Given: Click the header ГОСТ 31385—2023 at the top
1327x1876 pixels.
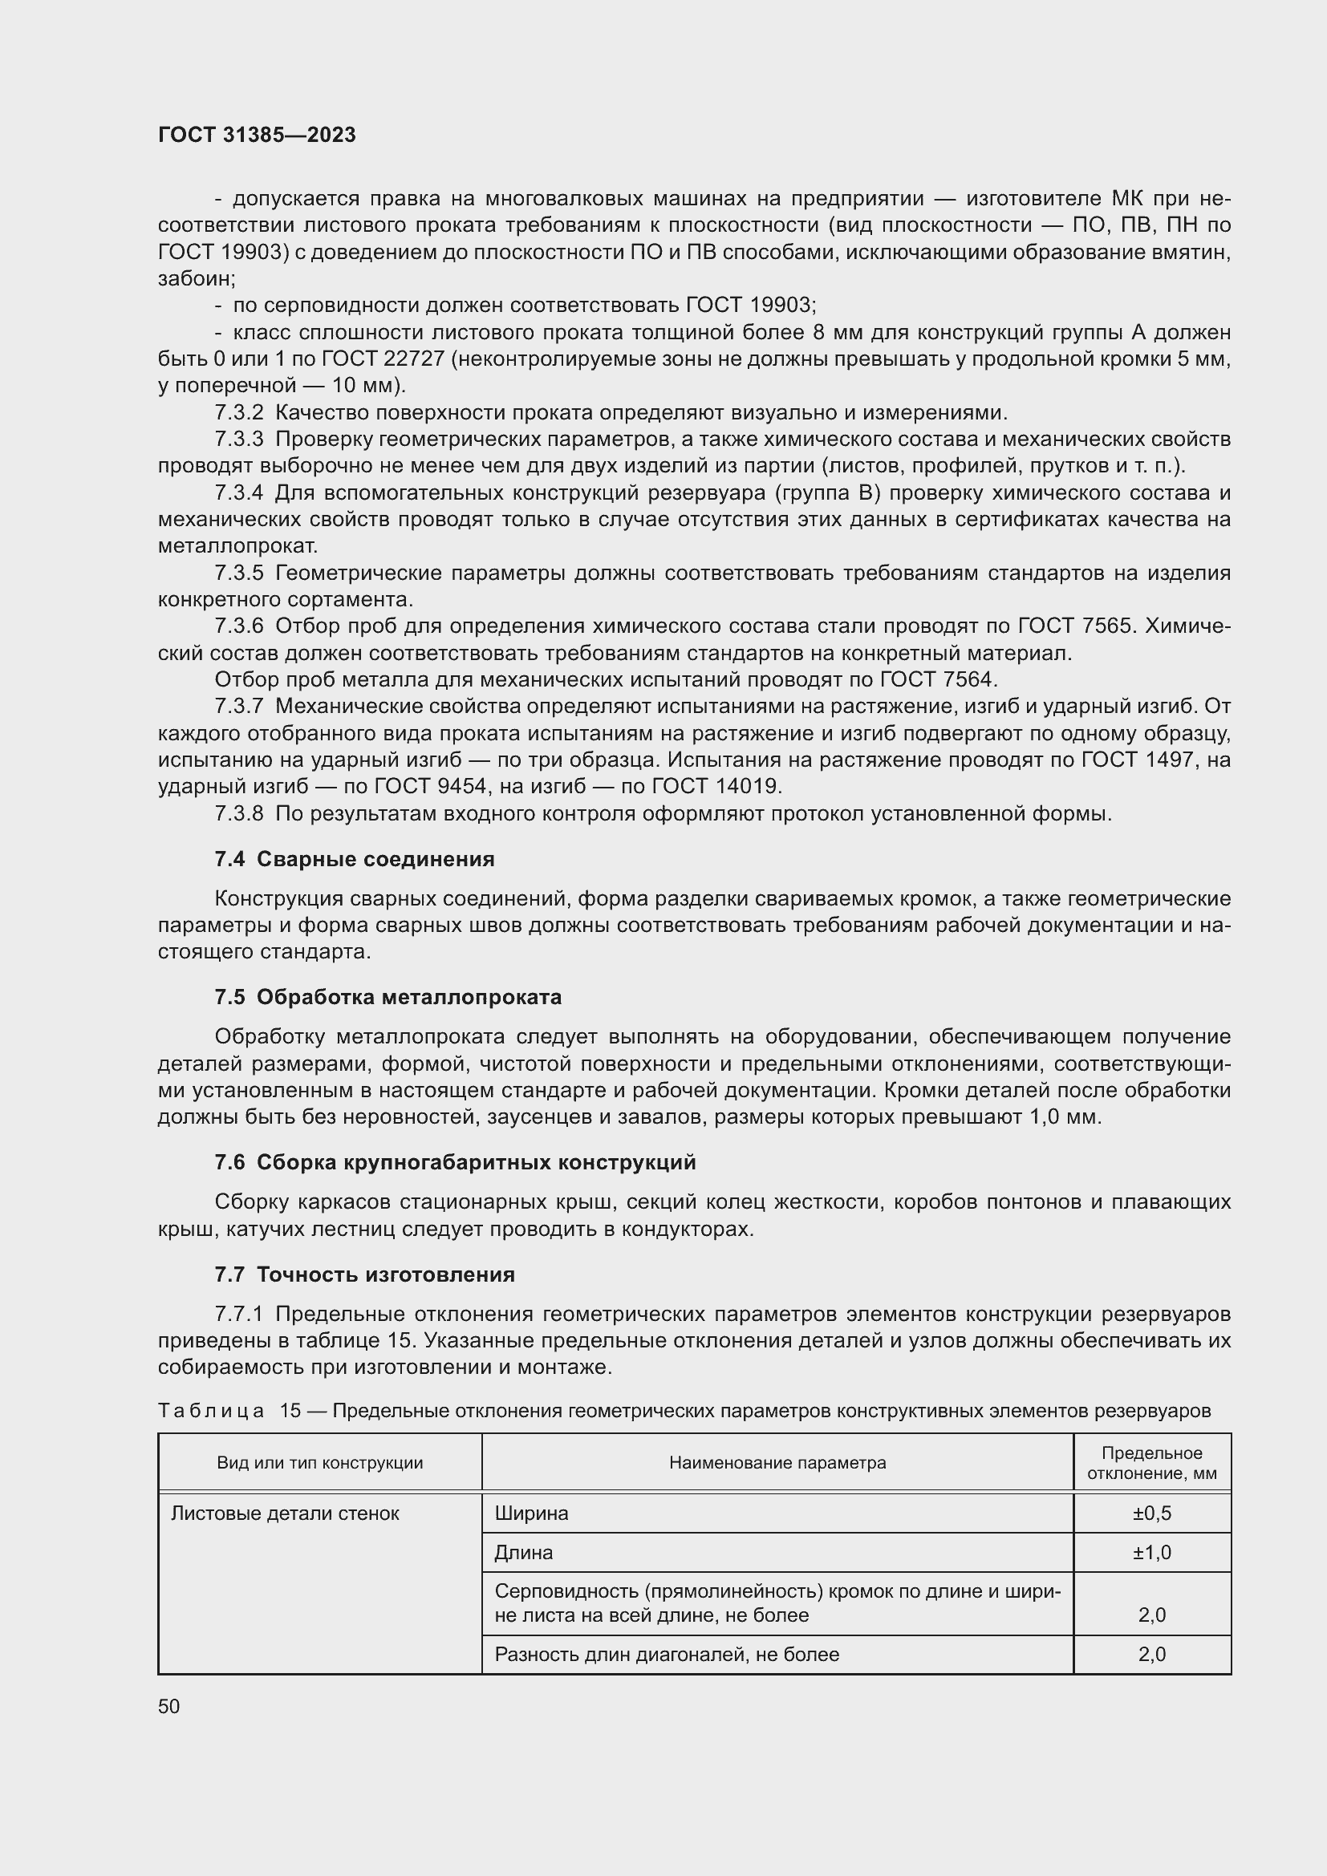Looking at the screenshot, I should pos(257,135).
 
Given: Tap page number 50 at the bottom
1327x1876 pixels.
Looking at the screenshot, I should pos(169,1706).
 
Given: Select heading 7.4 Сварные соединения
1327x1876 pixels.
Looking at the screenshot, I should pos(354,859).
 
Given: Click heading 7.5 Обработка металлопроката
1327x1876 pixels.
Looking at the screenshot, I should pos(388,997).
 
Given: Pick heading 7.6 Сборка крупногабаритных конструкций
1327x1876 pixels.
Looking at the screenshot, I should pos(455,1162).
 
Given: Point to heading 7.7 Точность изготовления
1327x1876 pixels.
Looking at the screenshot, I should pos(364,1274).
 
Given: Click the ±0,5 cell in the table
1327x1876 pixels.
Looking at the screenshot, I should pos(1151,1513).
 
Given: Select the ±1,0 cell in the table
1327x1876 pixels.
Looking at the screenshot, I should pos(1151,1553).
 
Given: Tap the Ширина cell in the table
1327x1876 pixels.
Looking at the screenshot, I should pos(531,1513).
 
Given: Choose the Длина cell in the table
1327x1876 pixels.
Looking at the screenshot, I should pos(524,1553).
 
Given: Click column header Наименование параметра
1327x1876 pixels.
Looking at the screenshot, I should pos(777,1463).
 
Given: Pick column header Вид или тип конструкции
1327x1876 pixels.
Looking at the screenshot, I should pos(319,1463).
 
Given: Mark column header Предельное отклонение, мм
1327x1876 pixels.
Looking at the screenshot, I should pos(1151,1463).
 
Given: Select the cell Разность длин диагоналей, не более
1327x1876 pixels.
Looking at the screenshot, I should pos(667,1655).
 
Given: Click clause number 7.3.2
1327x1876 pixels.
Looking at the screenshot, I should pos(238,412).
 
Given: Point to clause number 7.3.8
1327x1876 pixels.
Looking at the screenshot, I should pos(238,814).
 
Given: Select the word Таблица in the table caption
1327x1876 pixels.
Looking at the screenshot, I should pos(211,1411).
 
